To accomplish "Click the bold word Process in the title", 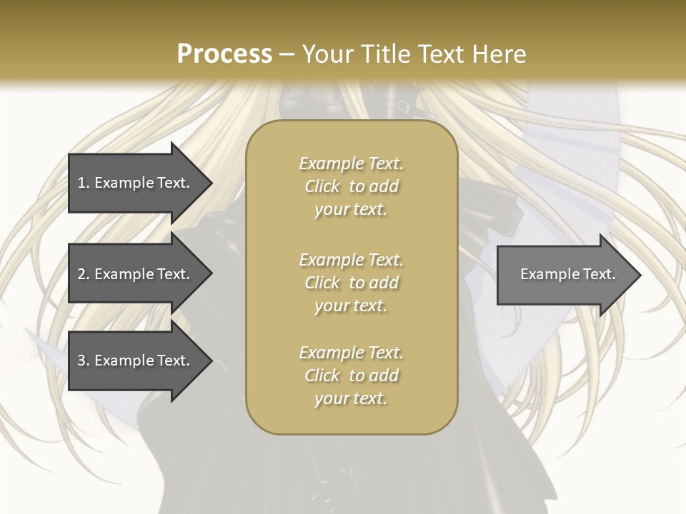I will pos(224,54).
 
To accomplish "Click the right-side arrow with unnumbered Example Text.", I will pos(565,274).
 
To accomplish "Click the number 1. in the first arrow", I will pos(83,183).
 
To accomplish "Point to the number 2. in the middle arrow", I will pos(83,274).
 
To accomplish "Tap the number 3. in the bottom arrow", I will pos(83,361).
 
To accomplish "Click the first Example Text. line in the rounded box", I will pos(351,163).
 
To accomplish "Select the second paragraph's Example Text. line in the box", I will pos(351,259).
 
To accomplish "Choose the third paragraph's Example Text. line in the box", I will pos(351,353).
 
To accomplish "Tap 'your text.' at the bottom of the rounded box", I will pos(351,398).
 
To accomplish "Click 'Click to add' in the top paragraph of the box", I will pos(351,186).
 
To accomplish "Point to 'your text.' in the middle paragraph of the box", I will pos(351,306).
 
